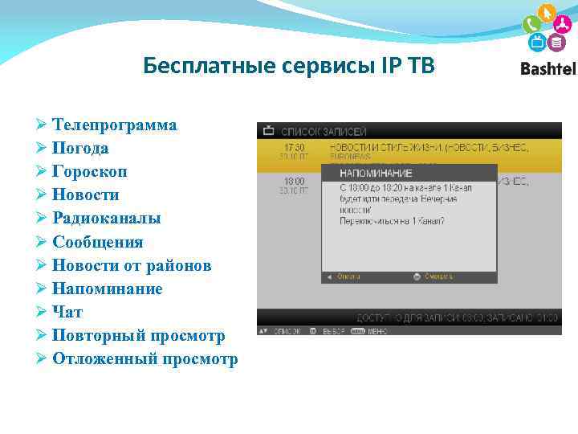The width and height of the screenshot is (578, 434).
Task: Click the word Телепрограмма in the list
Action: [115, 125]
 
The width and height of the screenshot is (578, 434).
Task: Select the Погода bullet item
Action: [80, 149]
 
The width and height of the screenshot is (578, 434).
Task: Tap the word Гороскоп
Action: [89, 172]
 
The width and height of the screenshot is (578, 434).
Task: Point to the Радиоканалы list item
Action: [106, 219]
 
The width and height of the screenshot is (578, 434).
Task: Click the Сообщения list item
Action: [97, 242]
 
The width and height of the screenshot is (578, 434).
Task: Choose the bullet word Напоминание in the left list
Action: [107, 289]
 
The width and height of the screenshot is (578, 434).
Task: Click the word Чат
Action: [67, 312]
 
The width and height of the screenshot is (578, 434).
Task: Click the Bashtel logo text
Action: [547, 69]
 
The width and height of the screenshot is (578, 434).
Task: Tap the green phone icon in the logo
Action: [531, 23]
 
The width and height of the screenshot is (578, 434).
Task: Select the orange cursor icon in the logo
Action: [547, 14]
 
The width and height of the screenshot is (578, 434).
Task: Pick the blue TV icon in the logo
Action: [536, 42]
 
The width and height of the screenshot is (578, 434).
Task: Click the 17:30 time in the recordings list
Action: [294, 148]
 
